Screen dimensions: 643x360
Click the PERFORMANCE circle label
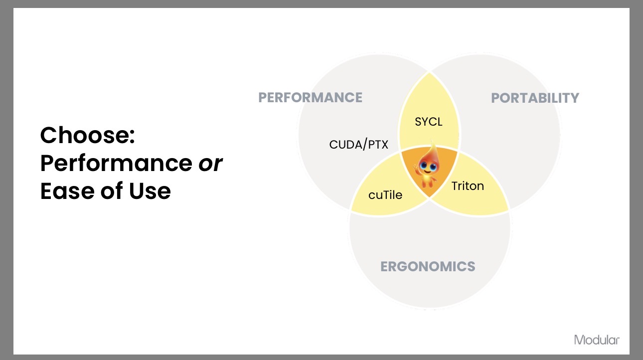click(x=311, y=98)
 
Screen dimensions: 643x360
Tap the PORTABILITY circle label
click(x=535, y=98)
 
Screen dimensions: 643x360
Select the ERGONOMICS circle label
click(x=428, y=267)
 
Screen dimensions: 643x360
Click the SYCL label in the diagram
click(x=429, y=122)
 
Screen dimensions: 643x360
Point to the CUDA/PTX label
click(x=358, y=145)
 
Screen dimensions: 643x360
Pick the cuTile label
click(x=385, y=195)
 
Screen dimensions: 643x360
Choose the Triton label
click(x=468, y=186)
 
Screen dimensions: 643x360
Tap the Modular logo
click(x=597, y=340)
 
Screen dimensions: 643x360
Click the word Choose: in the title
click(x=88, y=135)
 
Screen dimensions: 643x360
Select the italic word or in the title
click(x=210, y=164)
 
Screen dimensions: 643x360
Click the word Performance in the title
click(x=116, y=163)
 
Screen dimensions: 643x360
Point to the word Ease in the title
click(x=67, y=191)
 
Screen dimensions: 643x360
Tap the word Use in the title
click(x=150, y=191)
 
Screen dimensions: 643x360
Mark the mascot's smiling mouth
click(x=427, y=172)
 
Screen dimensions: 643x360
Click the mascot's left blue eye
click(x=423, y=166)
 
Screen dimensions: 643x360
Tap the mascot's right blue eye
click(x=433, y=166)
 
